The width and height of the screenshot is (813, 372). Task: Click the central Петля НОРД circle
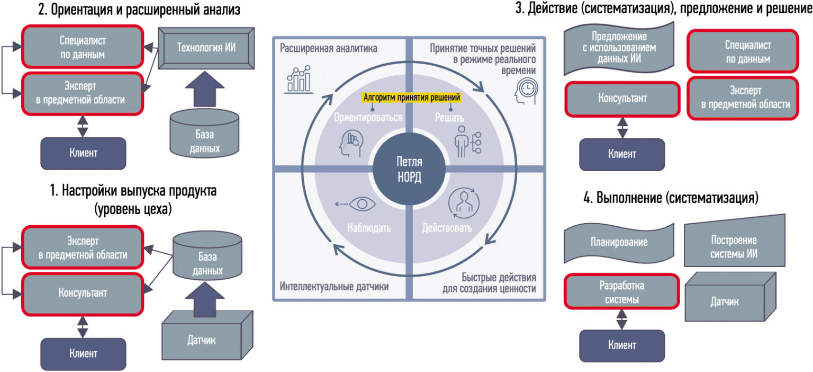point(409,169)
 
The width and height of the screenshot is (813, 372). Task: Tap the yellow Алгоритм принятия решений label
point(412,98)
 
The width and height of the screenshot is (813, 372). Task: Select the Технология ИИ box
point(206,48)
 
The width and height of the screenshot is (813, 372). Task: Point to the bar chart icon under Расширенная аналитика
point(299,79)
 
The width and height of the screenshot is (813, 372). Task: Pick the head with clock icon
point(526,92)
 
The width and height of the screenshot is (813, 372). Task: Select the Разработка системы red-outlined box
point(622,291)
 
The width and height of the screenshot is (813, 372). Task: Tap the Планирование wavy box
point(619,243)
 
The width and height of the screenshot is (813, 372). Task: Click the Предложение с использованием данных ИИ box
point(619,48)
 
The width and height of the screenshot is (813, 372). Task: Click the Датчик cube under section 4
point(730,297)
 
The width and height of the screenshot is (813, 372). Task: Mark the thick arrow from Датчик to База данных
point(205,299)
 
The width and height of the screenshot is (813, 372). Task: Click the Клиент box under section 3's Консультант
point(622,154)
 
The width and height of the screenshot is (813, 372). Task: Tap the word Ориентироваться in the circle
point(368,117)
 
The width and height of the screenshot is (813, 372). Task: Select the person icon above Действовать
point(464,203)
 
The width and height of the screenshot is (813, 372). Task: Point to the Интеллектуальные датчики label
point(334,286)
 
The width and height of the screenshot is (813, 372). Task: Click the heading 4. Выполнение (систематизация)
point(671,198)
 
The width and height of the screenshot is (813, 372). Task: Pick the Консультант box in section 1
point(83,294)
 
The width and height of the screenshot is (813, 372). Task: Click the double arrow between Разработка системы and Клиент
point(622,320)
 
